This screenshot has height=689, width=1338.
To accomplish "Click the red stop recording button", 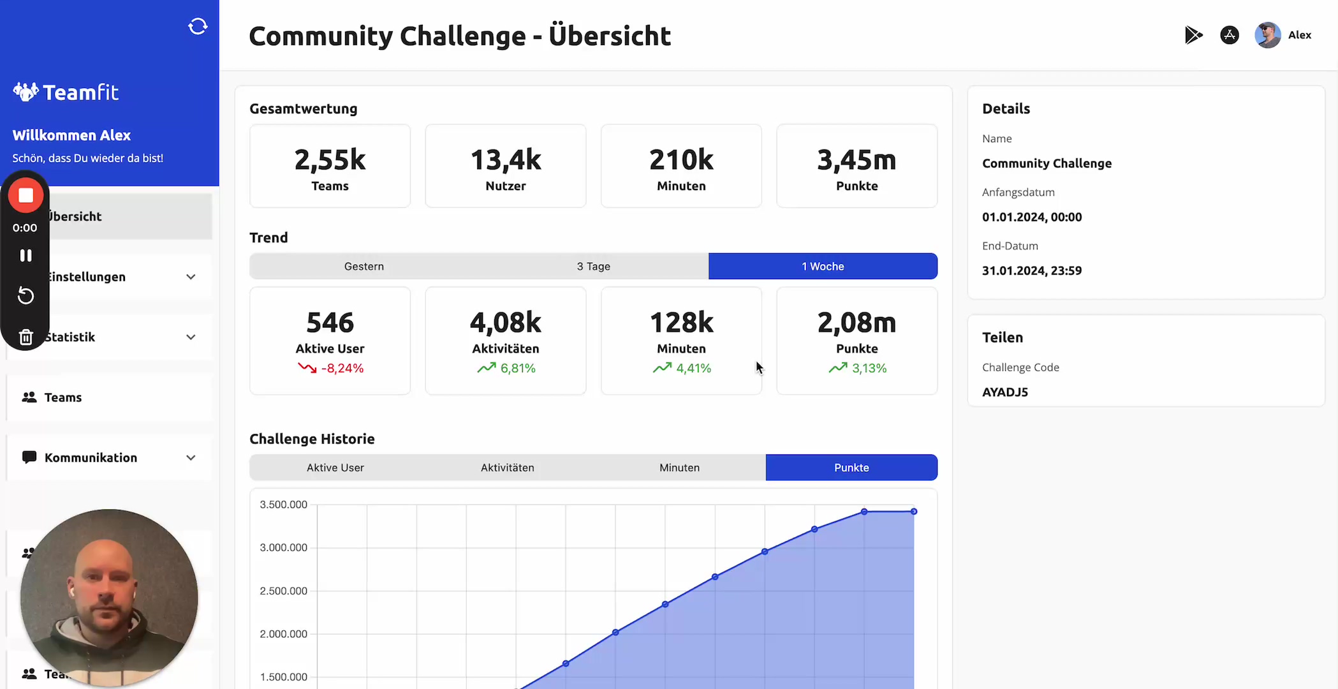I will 26,195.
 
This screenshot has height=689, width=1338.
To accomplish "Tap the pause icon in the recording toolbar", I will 26,255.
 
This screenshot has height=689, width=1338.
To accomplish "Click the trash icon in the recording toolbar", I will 26,337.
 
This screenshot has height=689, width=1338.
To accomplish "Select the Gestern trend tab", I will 364,266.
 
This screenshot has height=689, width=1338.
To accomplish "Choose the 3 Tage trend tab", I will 593,266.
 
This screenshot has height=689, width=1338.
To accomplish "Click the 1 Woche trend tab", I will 823,266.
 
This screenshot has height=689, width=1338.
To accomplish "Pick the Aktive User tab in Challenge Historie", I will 335,468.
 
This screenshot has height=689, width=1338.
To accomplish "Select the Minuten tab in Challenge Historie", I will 679,468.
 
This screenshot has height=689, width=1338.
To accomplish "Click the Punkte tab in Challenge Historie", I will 851,468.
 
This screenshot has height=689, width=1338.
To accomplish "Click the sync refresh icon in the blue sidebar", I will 198,26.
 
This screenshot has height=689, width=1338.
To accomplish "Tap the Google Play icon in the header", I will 1193,35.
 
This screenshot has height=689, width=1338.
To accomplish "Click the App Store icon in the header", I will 1230,35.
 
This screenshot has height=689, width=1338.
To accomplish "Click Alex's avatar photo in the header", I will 1267,35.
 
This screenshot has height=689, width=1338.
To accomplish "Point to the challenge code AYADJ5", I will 1005,392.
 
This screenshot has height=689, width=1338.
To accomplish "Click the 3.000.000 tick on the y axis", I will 283,547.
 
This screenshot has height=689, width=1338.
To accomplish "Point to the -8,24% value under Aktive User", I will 342,368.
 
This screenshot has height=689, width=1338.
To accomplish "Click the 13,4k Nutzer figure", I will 506,160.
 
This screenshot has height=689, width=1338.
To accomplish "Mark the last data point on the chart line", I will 914,512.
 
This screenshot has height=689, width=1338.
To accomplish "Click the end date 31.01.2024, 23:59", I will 1032,270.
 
